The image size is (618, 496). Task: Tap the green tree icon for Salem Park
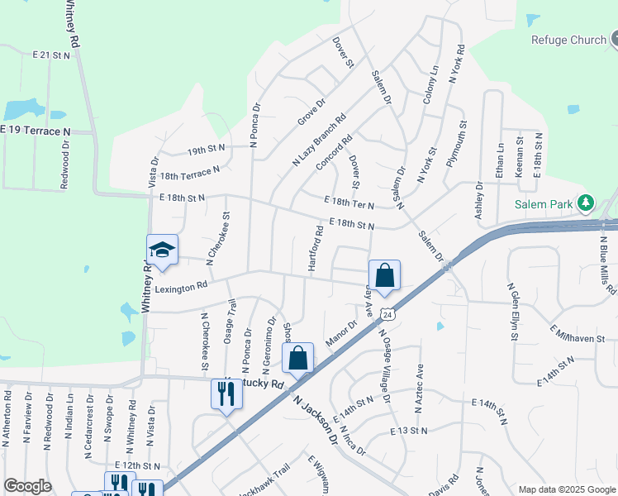tap(586, 203)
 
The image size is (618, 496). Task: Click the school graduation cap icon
tap(162, 250)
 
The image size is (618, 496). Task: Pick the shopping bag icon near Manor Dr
tap(298, 359)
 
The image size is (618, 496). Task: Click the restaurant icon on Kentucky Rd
tap(227, 393)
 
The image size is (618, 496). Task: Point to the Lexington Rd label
tap(181, 287)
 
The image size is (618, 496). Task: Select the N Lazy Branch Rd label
tap(319, 141)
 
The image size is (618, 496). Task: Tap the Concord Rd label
tap(334, 154)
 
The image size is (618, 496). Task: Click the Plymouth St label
tap(457, 145)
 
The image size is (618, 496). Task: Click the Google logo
tap(27, 486)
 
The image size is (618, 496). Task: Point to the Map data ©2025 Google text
tap(566, 489)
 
